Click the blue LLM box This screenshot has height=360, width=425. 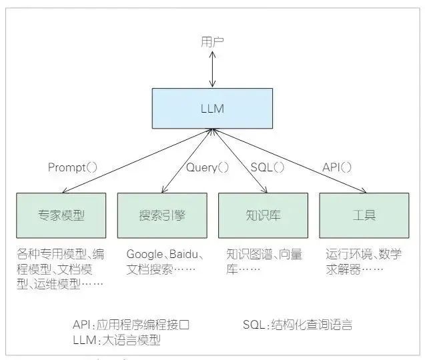[x=212, y=109]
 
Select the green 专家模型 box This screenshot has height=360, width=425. [x=61, y=215]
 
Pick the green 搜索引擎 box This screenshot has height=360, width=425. [x=162, y=215]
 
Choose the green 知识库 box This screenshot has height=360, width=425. [x=263, y=215]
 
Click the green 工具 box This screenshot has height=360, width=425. [x=364, y=215]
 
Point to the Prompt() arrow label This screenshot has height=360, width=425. [x=73, y=167]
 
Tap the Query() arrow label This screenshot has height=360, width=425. [x=207, y=167]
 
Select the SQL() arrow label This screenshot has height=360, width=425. [x=267, y=167]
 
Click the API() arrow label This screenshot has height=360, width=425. [x=337, y=167]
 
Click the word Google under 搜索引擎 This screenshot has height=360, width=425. [x=145, y=254]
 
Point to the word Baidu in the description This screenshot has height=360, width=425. [x=186, y=254]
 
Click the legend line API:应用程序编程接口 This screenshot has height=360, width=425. [x=131, y=325]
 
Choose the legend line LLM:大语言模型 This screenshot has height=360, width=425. [x=117, y=341]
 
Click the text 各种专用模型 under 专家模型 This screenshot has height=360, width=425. [x=47, y=254]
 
